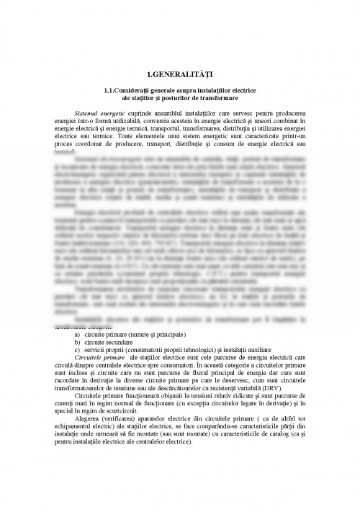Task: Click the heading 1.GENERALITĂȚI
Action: [x=179, y=75]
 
